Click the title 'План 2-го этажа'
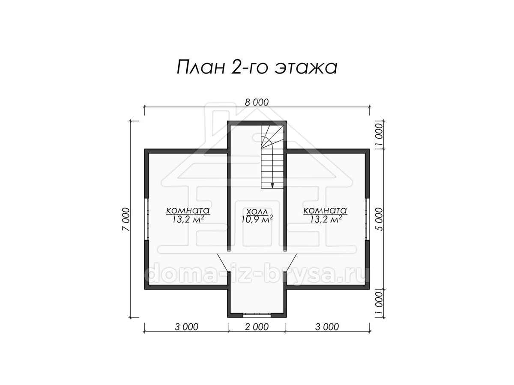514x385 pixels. tap(257, 68)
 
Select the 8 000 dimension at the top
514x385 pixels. tap(257, 102)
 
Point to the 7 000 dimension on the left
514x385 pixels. tap(126, 219)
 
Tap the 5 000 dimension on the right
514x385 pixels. tap(380, 219)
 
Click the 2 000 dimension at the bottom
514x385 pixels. tap(257, 327)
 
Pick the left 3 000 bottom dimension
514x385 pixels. tap(186, 327)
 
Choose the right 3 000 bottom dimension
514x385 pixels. tap(327, 327)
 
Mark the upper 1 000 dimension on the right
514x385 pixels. tap(380, 134)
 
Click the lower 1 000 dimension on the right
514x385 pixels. tap(380, 303)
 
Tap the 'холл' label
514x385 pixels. tap(257, 212)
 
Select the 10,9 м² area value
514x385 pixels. tap(257, 219)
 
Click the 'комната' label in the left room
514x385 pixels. tap(188, 210)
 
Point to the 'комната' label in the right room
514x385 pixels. tap(325, 210)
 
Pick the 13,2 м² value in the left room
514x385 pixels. tap(188, 219)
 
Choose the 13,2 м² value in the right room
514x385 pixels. tap(326, 219)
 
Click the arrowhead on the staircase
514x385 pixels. tap(272, 185)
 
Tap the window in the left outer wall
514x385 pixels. tap(147, 219)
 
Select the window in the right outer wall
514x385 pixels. tap(367, 219)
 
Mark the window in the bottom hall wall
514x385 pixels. tap(257, 315)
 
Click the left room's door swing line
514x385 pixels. tap(222, 262)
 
